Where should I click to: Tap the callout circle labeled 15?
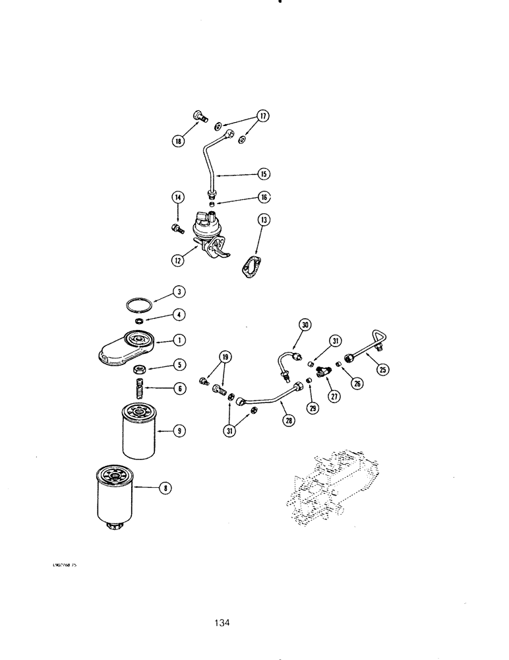click(263, 174)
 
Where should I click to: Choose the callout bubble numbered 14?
click(178, 197)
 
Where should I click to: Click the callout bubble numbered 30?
click(305, 325)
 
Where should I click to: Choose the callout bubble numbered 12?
click(178, 260)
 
